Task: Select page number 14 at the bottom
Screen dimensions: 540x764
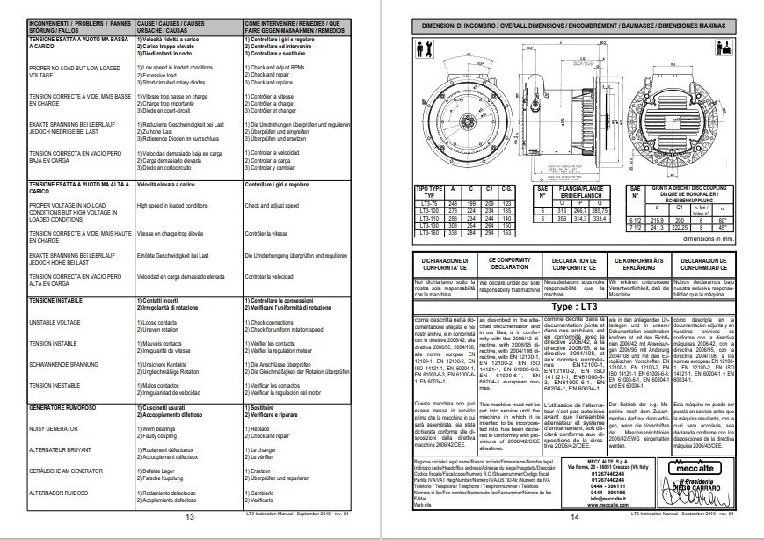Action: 573,517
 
